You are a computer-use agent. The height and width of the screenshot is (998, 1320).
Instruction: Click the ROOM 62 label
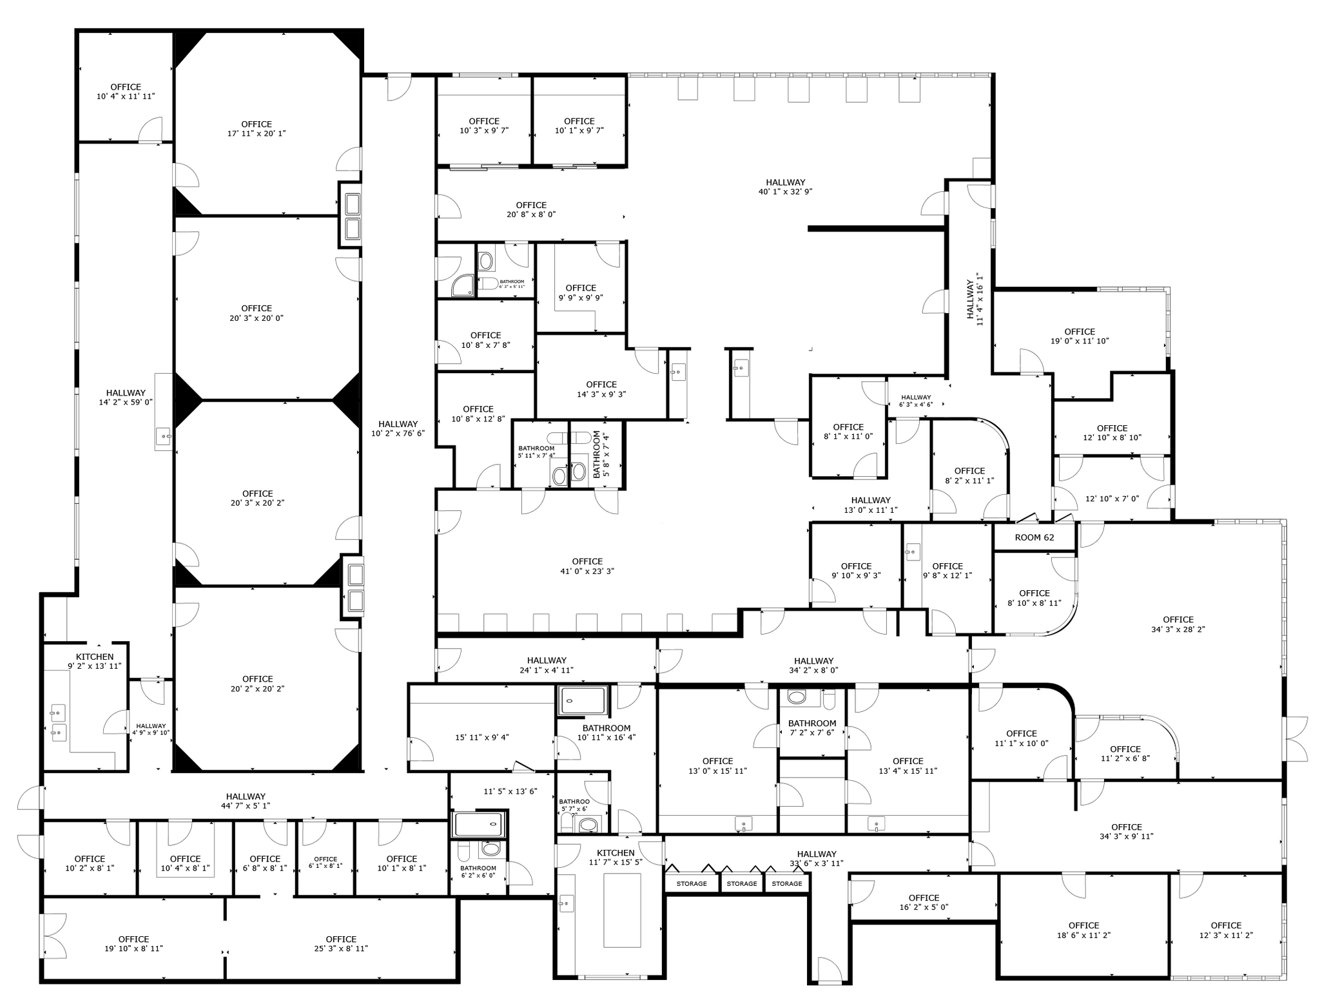(1034, 537)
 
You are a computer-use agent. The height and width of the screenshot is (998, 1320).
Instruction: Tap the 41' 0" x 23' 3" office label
(587, 566)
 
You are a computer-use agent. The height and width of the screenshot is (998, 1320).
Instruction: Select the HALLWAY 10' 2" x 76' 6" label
(398, 428)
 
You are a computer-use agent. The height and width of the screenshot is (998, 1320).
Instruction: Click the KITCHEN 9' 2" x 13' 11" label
(95, 661)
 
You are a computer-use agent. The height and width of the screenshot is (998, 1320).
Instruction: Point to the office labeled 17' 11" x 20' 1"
(257, 129)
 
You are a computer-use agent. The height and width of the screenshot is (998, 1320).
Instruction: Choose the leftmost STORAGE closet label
(691, 883)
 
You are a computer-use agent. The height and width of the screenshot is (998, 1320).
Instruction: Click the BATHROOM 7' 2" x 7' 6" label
(811, 727)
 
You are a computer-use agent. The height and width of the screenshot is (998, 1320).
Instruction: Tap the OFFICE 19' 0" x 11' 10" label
(1080, 336)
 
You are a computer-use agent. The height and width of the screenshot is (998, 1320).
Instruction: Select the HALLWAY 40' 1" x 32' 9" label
(785, 187)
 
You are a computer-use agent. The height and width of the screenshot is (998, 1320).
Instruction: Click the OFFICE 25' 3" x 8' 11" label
(341, 943)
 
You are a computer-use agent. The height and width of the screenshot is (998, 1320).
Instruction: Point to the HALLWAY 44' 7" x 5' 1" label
(246, 801)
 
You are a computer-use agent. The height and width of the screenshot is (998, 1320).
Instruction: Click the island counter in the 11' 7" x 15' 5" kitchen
(621, 910)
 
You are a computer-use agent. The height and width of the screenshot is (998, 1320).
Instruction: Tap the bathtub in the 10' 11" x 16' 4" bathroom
(583, 700)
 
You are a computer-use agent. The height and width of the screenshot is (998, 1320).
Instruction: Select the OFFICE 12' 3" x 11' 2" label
(1225, 930)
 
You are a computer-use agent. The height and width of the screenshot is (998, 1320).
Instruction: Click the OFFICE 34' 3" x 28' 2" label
(1178, 624)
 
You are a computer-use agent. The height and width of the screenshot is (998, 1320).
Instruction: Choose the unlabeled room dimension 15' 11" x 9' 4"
(481, 737)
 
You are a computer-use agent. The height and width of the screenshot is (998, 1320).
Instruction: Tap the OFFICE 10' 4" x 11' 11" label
(126, 91)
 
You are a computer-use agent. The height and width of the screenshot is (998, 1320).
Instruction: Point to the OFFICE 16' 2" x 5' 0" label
(923, 902)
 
